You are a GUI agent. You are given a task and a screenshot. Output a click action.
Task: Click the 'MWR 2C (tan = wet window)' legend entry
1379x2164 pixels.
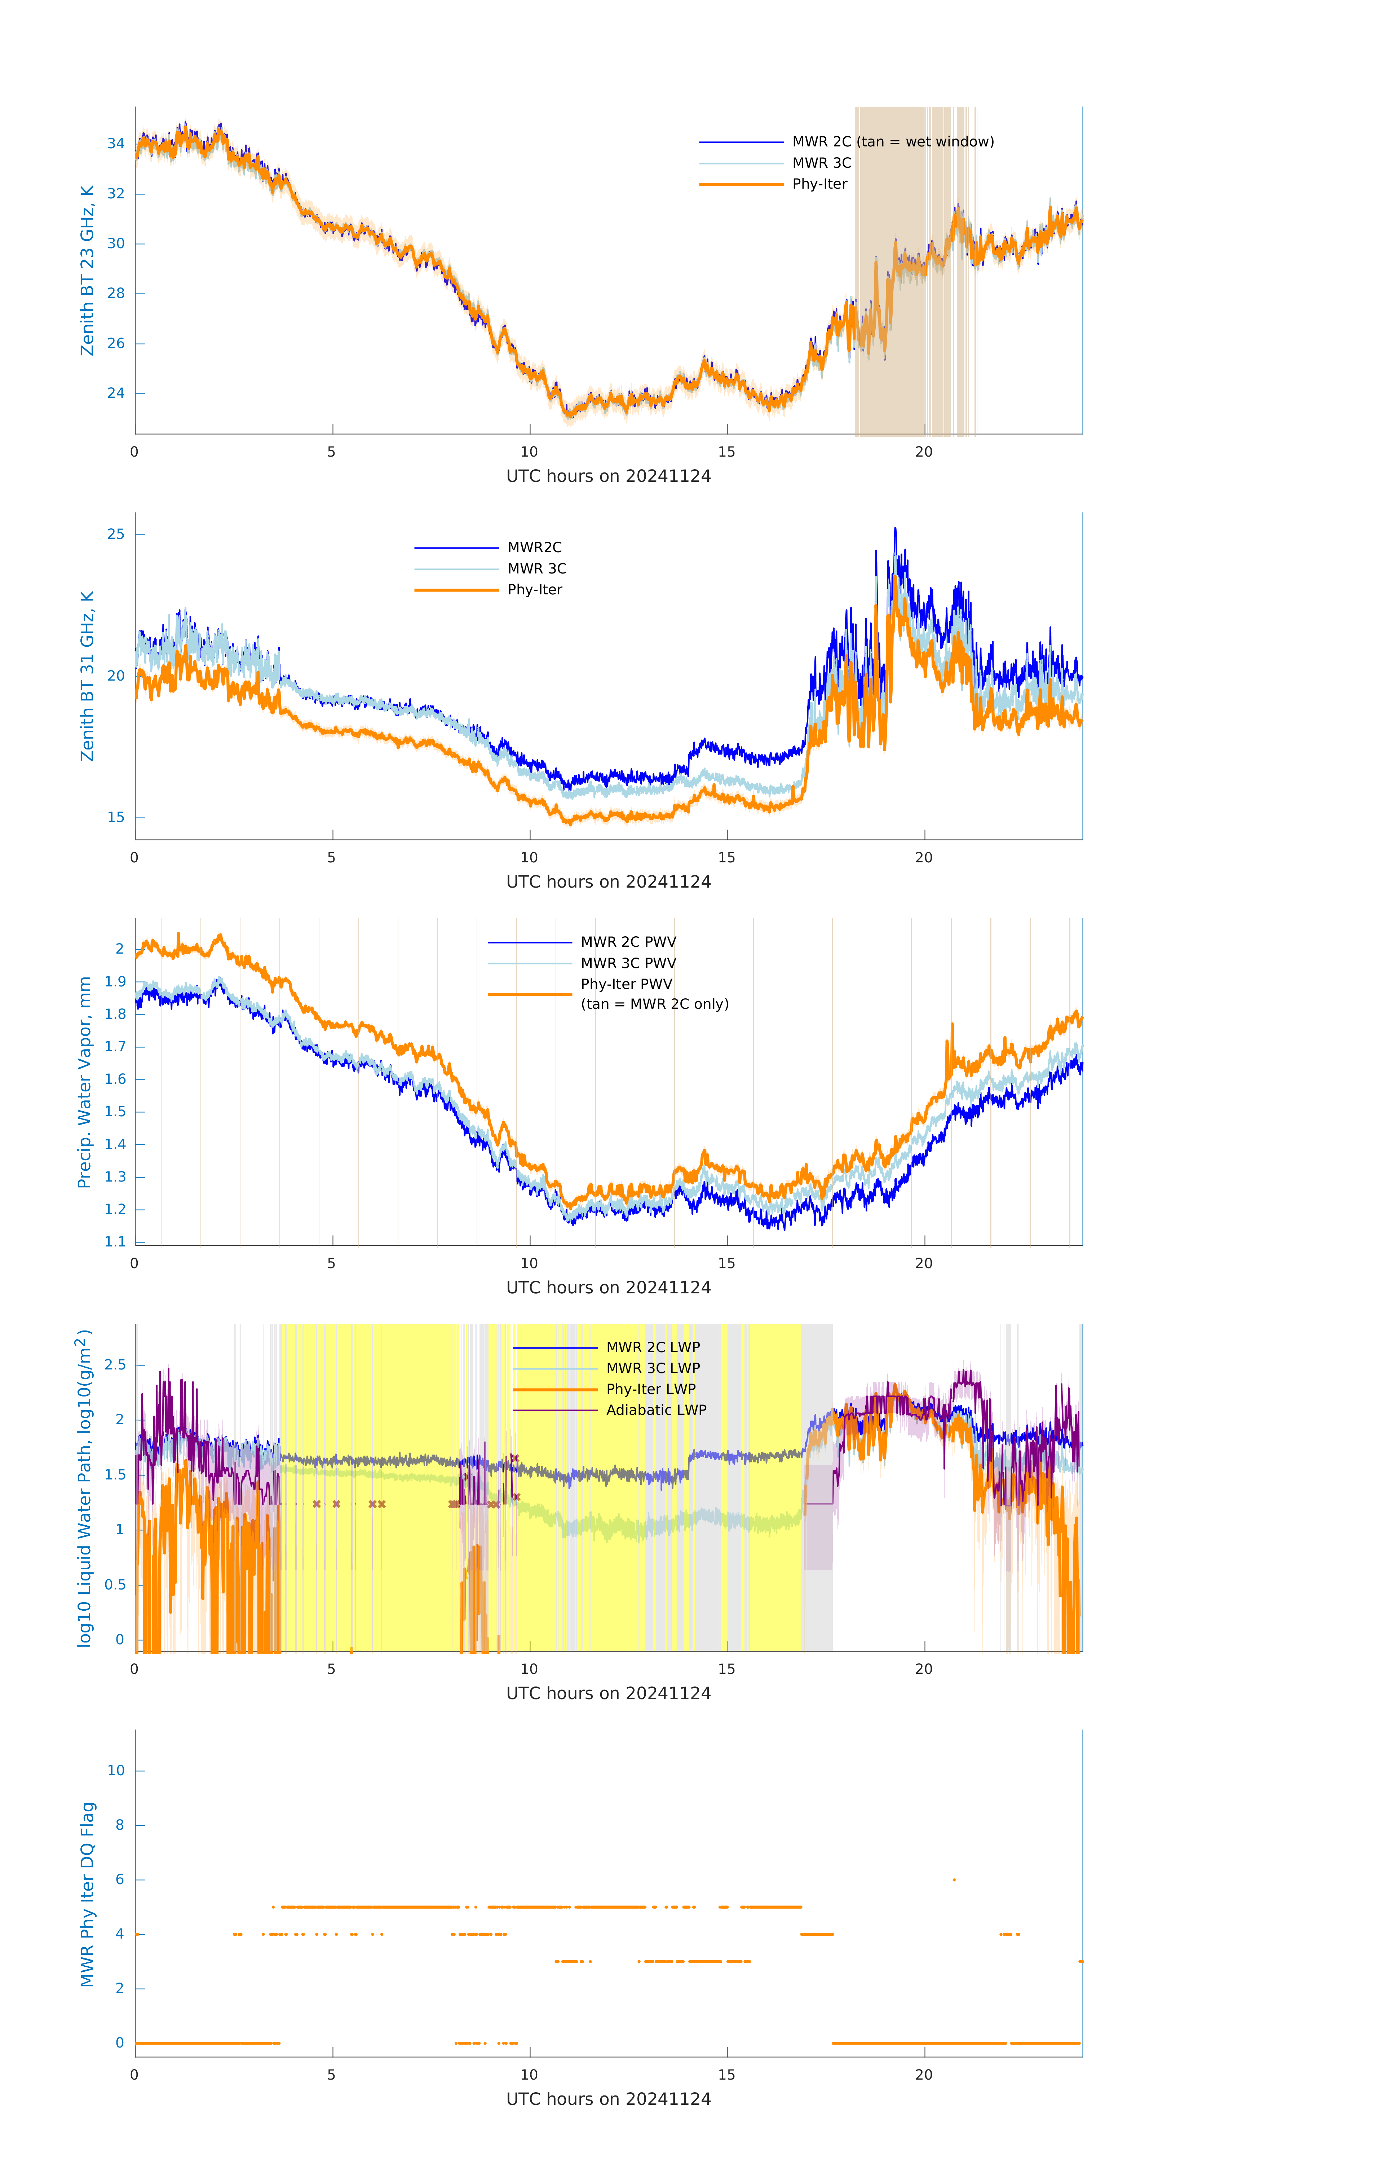click(892, 142)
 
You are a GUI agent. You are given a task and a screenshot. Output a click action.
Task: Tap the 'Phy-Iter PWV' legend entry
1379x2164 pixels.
click(626, 984)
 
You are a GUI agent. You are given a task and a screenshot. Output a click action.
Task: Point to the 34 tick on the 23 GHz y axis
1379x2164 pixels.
click(116, 144)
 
